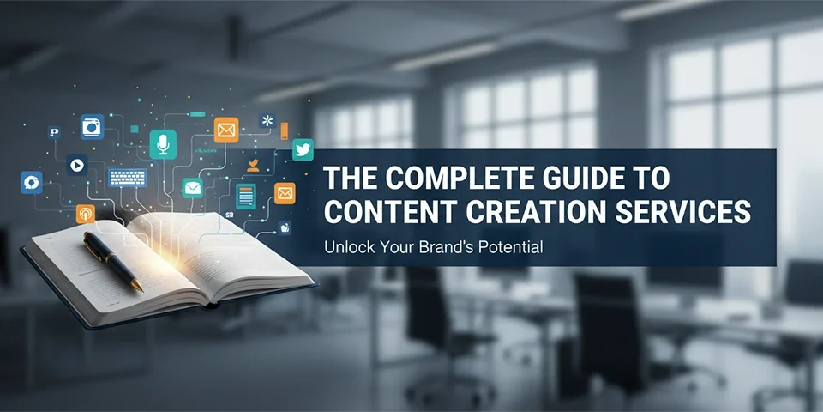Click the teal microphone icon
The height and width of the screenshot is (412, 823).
(162, 144)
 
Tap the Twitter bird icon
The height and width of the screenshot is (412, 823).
(303, 149)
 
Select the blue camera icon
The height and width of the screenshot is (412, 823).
(92, 128)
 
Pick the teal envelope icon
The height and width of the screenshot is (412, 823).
(193, 187)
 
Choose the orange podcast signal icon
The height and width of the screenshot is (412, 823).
(85, 213)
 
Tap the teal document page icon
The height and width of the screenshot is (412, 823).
(247, 196)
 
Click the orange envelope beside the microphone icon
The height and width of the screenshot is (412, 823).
(226, 130)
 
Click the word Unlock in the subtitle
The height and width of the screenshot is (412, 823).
(347, 247)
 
